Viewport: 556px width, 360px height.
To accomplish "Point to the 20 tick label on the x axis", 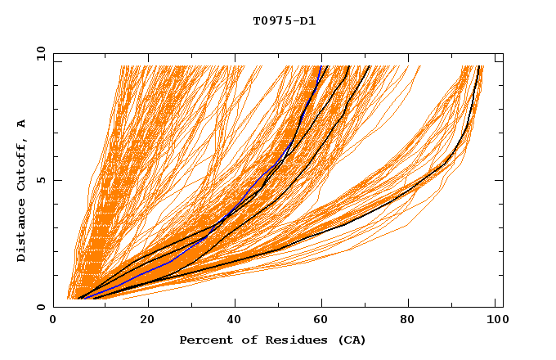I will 147,320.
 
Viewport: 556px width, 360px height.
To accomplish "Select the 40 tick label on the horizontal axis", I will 235,320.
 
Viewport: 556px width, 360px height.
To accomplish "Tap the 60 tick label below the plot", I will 323,320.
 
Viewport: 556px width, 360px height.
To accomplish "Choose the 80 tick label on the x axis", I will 411,320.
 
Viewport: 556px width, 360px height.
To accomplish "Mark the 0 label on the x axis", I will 53,320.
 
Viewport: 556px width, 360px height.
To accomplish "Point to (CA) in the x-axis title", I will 350,340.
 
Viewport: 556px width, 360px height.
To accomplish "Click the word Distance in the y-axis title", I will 22,232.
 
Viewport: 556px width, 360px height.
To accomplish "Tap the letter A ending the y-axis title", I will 22,123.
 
